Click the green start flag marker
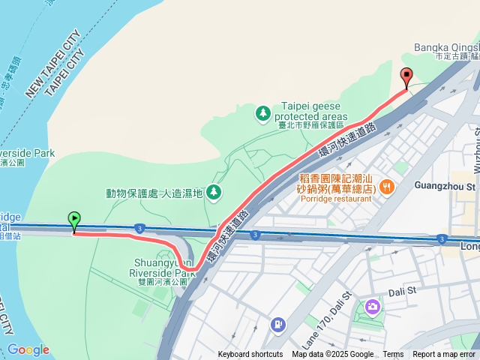[74, 220]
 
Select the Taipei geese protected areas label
[314, 111]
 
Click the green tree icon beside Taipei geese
[262, 112]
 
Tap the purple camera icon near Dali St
[373, 307]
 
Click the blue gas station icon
[277, 325]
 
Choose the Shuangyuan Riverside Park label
[163, 268]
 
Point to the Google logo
[28, 349]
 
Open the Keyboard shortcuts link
[250, 355]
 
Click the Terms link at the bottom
[393, 355]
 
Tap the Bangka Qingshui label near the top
[446, 47]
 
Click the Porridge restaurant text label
[334, 199]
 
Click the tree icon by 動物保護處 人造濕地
[214, 193]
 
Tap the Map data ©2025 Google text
[332, 355]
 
